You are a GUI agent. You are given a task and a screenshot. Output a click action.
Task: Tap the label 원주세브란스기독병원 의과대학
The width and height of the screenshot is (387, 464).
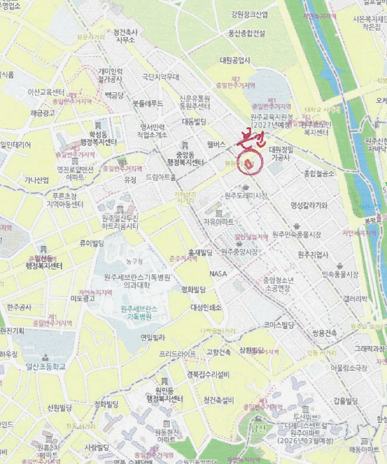tap(137, 281)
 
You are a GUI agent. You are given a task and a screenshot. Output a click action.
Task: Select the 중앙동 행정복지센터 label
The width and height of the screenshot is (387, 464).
tap(185, 158)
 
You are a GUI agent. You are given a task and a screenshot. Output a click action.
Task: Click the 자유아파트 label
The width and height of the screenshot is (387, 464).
tap(219, 222)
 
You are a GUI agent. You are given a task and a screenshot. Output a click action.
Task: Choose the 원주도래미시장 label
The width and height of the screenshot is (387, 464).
tap(246, 196)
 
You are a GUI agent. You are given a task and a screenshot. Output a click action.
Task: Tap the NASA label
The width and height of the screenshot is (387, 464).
tap(219, 273)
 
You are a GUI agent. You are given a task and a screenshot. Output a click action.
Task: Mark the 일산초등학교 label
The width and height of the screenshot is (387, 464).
tap(46, 366)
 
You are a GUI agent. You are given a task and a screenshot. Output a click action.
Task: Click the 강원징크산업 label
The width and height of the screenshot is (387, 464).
tap(250, 15)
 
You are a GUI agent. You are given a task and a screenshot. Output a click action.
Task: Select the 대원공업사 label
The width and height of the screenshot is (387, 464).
tap(235, 60)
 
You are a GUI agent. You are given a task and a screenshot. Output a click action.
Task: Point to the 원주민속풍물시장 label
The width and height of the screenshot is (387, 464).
tap(296, 235)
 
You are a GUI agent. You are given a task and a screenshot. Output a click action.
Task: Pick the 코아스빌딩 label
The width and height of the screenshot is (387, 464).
tap(278, 325)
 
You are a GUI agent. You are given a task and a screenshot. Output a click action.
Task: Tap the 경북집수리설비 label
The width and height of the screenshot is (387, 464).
tap(208, 374)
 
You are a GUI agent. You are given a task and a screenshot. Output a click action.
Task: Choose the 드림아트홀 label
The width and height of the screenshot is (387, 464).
tap(161, 178)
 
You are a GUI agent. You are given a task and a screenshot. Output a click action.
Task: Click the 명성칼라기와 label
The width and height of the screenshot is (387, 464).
tap(309, 205)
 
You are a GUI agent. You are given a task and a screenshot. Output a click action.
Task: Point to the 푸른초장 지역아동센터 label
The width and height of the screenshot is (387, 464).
tap(64, 200)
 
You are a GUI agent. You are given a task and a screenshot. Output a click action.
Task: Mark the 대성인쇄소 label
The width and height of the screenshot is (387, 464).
tap(206, 308)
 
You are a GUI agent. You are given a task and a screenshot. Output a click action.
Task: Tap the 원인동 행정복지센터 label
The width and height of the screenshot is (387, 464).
tap(159, 395)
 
